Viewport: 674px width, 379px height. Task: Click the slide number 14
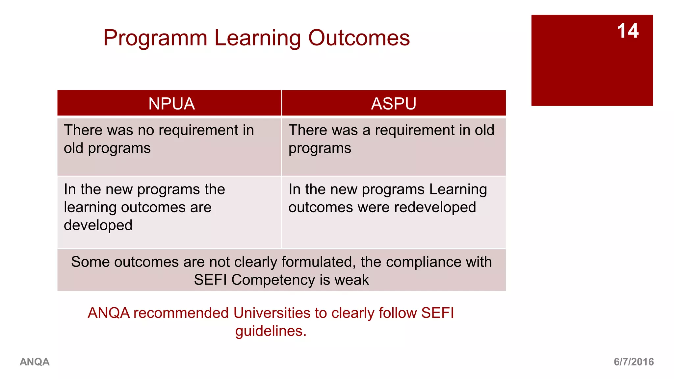pyautogui.click(x=628, y=31)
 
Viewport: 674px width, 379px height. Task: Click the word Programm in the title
pyautogui.click(x=155, y=38)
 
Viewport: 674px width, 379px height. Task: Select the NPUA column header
pyautogui.click(x=171, y=104)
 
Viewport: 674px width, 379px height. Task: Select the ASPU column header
pyautogui.click(x=394, y=104)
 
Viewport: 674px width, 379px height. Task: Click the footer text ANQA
pyautogui.click(x=35, y=362)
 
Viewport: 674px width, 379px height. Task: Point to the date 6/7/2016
pyautogui.click(x=634, y=362)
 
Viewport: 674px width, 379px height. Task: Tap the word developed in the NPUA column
pyautogui.click(x=98, y=225)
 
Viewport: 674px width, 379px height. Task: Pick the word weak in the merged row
pyautogui.click(x=351, y=280)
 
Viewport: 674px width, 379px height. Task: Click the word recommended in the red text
pyautogui.click(x=181, y=313)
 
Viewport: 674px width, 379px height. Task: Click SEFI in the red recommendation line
pyautogui.click(x=437, y=313)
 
